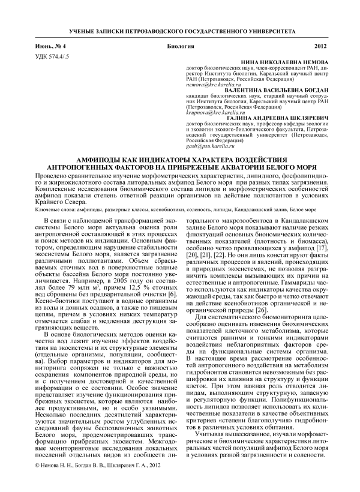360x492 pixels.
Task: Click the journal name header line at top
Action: pyautogui.click(x=180, y=29)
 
